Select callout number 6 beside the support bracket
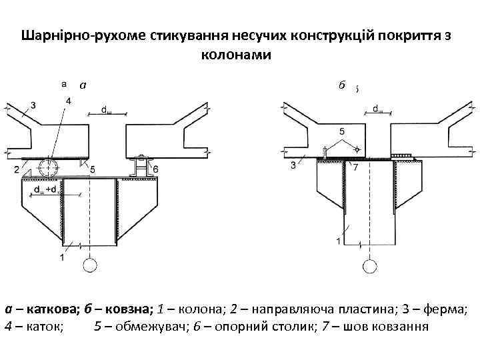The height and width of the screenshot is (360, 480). (155, 170)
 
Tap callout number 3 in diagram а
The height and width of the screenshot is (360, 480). (33, 104)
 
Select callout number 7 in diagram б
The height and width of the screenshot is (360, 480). (355, 167)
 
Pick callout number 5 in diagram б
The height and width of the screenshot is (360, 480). (342, 131)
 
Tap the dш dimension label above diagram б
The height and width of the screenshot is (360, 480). (377, 108)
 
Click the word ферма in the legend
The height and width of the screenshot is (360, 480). (445, 309)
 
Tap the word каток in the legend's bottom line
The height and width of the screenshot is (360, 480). (41, 327)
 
